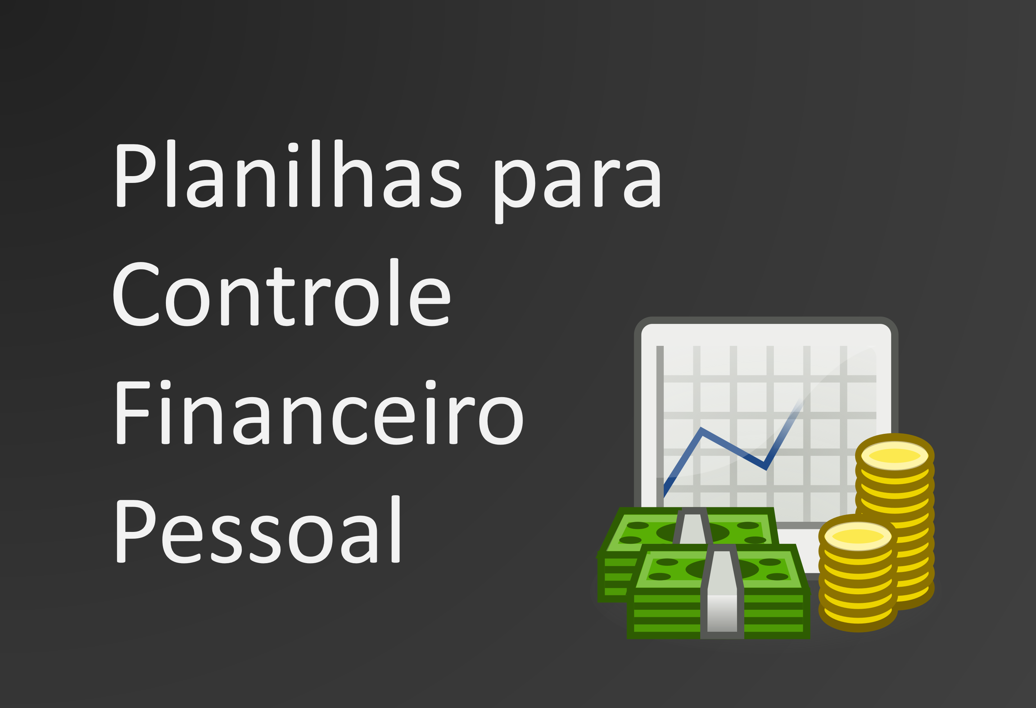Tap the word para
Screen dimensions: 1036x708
pos(578,192)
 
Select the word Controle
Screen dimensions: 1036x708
pos(282,292)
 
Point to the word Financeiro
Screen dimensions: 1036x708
pos(320,412)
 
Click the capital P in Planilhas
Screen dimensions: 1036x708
pos(136,175)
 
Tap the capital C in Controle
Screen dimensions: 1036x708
pos(136,294)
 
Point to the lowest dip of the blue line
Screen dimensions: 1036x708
pos(766,468)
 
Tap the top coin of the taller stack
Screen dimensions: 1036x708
pos(895,455)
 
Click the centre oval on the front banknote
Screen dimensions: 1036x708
pos(722,569)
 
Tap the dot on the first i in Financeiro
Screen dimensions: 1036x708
pos(166,385)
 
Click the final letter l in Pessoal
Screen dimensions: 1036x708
pos(395,529)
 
